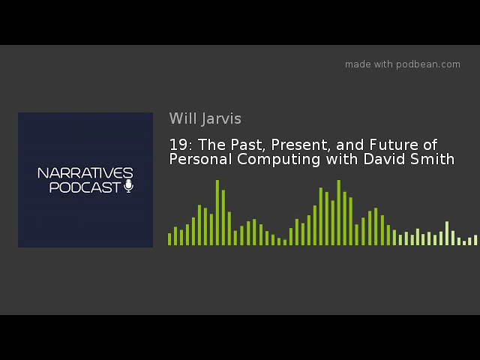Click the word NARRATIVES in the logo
tap(85, 173)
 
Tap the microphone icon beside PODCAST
tap(129, 186)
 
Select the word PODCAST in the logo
tap(85, 187)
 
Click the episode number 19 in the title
tap(178, 145)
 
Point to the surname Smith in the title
tap(432, 159)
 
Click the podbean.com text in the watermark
tap(428, 64)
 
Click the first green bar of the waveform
tap(169, 239)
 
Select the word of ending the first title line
tap(430, 145)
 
